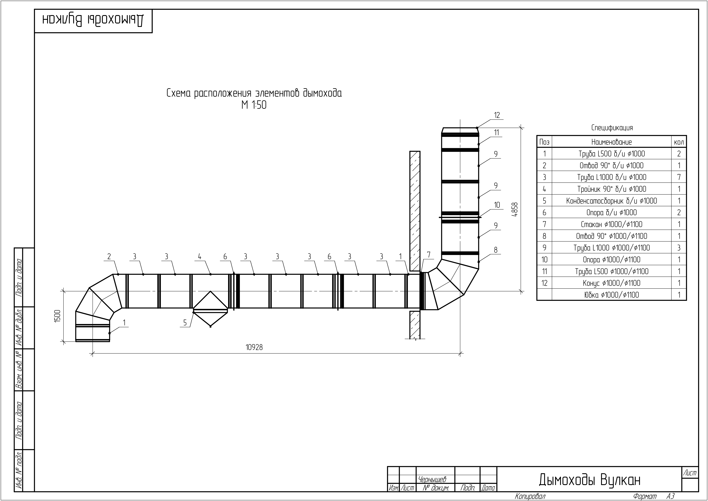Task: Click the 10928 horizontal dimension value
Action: [254, 347]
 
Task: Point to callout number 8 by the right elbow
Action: [496, 250]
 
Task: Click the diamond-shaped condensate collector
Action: [210, 309]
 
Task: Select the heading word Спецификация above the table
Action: [612, 128]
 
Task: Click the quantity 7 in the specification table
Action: [679, 177]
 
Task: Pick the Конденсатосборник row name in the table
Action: [611, 201]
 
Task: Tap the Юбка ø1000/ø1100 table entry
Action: [611, 295]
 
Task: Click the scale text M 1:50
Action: [254, 105]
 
